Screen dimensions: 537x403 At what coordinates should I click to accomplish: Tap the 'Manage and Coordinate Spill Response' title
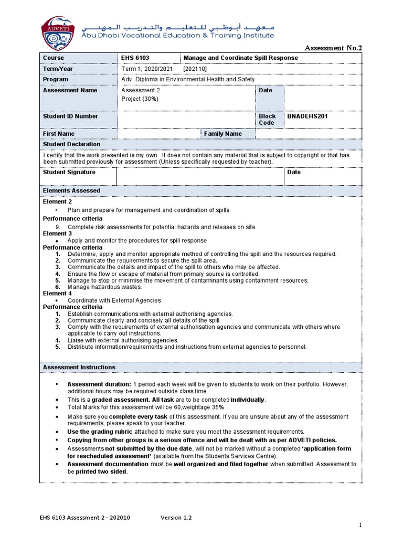[x=240, y=58]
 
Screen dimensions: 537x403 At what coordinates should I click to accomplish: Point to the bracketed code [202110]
[x=195, y=69]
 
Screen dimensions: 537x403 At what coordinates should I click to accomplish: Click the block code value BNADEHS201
[x=307, y=116]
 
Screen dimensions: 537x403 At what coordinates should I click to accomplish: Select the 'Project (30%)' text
[x=140, y=99]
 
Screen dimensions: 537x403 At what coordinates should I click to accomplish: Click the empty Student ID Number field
[x=186, y=120]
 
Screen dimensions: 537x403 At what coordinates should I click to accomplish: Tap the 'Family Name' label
[x=223, y=134]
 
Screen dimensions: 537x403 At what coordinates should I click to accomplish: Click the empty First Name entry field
[x=160, y=134]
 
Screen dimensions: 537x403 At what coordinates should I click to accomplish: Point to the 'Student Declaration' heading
[x=71, y=144]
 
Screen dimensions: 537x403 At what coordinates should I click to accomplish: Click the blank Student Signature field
[x=200, y=176]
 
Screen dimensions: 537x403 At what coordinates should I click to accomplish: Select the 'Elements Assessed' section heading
[x=71, y=191]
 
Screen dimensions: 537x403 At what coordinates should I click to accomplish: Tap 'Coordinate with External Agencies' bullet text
[x=114, y=300]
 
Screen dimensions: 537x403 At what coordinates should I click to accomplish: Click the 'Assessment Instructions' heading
[x=79, y=367]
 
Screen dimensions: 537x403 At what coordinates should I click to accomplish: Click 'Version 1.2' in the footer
[x=176, y=518]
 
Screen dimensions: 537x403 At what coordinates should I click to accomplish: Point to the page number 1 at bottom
[x=360, y=525]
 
